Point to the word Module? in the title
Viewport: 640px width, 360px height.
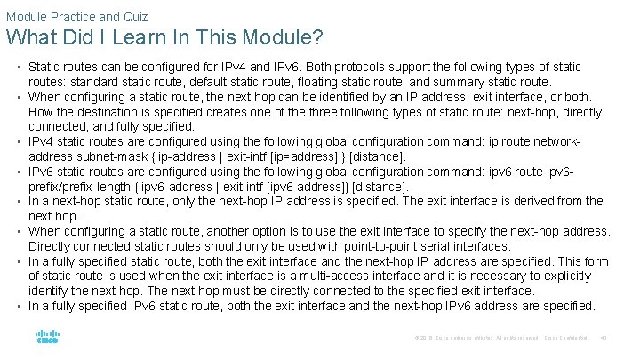coord(284,39)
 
